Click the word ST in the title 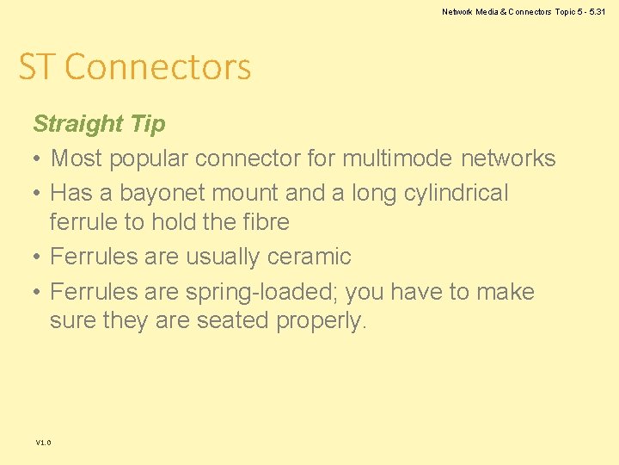point(37,67)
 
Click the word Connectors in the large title point(157,67)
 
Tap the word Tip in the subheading point(148,124)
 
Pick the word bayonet point(155,193)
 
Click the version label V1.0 point(43,443)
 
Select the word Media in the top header point(487,12)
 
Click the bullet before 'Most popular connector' point(38,159)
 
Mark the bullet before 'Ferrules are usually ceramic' point(38,257)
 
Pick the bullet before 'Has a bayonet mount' point(38,193)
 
